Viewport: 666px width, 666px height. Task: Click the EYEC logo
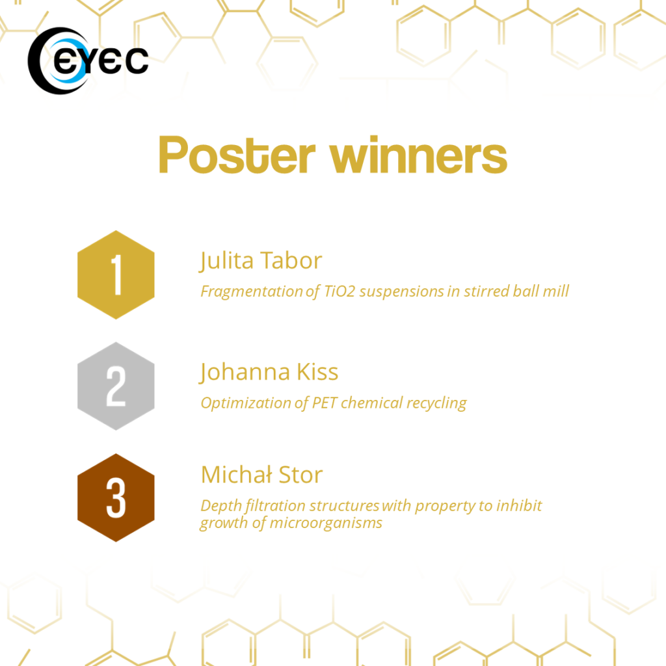pyautogui.click(x=88, y=60)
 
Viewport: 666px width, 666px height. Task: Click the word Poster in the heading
pyautogui.click(x=237, y=155)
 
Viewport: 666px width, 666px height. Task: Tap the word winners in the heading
pyautogui.click(x=418, y=155)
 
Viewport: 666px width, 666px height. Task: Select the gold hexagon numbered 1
pyautogui.click(x=116, y=275)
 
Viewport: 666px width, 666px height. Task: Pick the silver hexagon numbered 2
pyautogui.click(x=116, y=386)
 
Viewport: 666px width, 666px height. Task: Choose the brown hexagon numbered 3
pyautogui.click(x=116, y=498)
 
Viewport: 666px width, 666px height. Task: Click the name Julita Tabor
pyautogui.click(x=261, y=261)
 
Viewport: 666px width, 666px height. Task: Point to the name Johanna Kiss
pyautogui.click(x=269, y=372)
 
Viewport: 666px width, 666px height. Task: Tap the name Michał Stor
pyautogui.click(x=261, y=474)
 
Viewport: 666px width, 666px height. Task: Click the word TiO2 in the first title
pyautogui.click(x=340, y=291)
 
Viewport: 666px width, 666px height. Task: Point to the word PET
pyautogui.click(x=325, y=403)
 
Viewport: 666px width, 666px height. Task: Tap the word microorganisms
pyautogui.click(x=326, y=524)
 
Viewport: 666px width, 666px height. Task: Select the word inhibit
pyautogui.click(x=519, y=505)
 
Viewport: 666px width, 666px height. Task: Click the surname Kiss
pyautogui.click(x=317, y=372)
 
